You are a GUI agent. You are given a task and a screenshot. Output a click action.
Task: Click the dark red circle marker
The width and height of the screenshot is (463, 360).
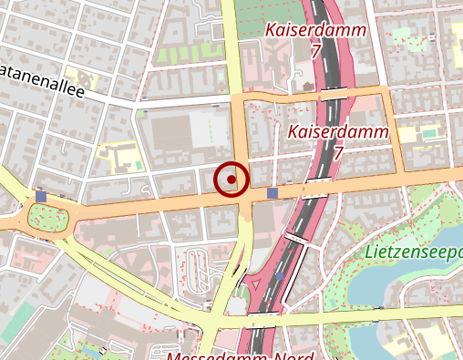pos(231,180)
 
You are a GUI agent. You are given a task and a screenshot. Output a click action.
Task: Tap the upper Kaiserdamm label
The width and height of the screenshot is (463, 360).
pos(315,30)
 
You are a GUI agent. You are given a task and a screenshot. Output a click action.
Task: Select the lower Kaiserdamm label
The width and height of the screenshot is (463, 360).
pos(337,132)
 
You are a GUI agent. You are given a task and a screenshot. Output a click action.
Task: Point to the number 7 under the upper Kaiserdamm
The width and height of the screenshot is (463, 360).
pos(315,52)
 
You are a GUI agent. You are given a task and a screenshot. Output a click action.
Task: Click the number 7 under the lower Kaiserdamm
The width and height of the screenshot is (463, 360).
pos(338,153)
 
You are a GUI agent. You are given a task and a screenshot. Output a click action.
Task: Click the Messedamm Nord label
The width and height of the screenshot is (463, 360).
pos(241,354)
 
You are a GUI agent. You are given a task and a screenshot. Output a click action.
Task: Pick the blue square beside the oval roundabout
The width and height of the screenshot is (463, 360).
pos(41,197)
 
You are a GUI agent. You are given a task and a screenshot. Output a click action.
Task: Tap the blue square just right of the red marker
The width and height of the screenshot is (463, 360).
pos(273,193)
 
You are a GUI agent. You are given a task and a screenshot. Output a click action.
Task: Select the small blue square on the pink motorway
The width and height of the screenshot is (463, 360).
pos(280,275)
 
